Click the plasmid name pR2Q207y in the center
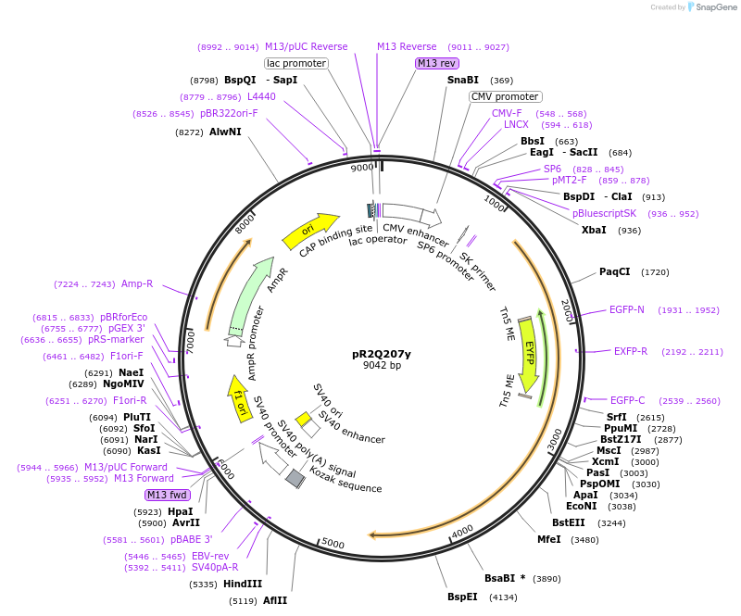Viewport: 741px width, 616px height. coord(382,354)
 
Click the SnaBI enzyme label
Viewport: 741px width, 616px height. coord(463,81)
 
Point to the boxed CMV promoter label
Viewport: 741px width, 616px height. coord(505,96)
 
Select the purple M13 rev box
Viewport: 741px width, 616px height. coord(436,64)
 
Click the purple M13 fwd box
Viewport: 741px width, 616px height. coord(167,495)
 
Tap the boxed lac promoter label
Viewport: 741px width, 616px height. coord(296,64)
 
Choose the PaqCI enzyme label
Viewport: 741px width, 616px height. coord(615,271)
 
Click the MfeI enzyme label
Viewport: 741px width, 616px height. coord(549,539)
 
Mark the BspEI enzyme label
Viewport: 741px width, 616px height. coord(462,597)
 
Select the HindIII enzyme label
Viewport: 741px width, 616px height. coord(243,584)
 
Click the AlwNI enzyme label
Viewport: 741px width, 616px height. coord(225,132)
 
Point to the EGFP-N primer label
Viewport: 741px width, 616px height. coord(627,309)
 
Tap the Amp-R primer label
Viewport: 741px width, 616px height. coord(137,283)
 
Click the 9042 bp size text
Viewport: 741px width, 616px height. coord(382,366)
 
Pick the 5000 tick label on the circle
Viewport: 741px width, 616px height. coord(333,544)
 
